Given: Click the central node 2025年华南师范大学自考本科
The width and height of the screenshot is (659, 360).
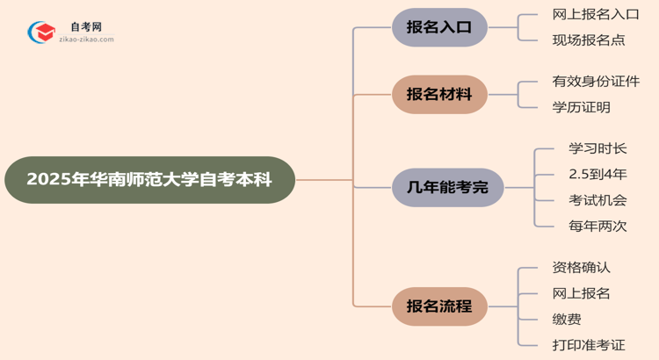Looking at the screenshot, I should point(149,180).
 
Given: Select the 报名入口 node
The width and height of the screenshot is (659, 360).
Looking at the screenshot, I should point(439,27).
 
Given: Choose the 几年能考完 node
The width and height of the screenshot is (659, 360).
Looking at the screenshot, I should point(447,187).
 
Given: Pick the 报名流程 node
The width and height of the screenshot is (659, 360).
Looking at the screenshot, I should point(439,306).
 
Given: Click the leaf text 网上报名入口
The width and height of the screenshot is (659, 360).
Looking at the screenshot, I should point(595,14).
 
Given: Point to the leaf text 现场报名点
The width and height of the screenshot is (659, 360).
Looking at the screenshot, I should point(589,40).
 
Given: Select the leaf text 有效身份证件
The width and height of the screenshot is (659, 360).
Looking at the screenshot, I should point(596,82).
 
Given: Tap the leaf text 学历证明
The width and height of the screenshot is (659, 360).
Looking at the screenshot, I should point(582,107).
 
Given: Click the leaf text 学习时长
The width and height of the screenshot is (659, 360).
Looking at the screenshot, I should point(597,149).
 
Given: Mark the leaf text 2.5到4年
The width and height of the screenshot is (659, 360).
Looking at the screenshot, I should point(597,175).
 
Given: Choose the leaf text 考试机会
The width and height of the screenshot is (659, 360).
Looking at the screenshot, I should point(597,201).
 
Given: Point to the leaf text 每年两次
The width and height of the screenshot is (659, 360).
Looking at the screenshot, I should point(597,227).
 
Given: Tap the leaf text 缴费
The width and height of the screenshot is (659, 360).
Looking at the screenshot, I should point(567,320).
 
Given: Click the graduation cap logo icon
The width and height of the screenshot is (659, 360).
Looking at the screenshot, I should point(40,33).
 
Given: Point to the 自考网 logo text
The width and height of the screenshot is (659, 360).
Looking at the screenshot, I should point(85,27).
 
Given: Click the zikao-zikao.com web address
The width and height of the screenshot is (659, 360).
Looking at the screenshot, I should point(85,40).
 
